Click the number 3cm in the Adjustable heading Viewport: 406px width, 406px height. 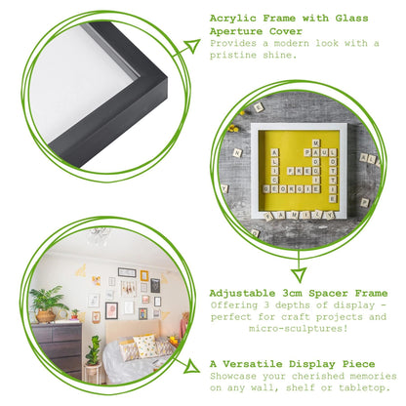click(x=298, y=289)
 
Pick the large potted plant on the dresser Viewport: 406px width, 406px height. click(x=46, y=302)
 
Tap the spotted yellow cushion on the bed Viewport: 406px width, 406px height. click(x=146, y=345)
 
